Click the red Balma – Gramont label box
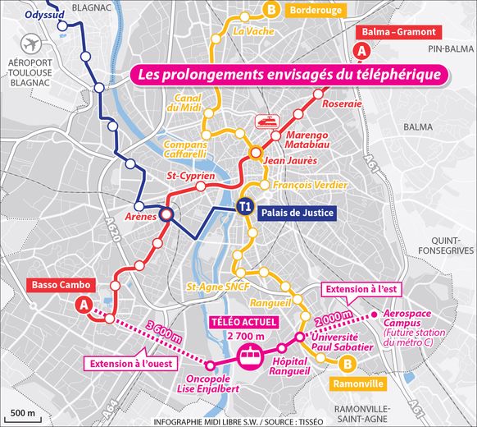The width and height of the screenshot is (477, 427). pos(401,33)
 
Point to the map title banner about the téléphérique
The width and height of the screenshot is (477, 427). pos(292,75)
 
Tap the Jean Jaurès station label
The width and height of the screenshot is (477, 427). pos(289,160)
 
